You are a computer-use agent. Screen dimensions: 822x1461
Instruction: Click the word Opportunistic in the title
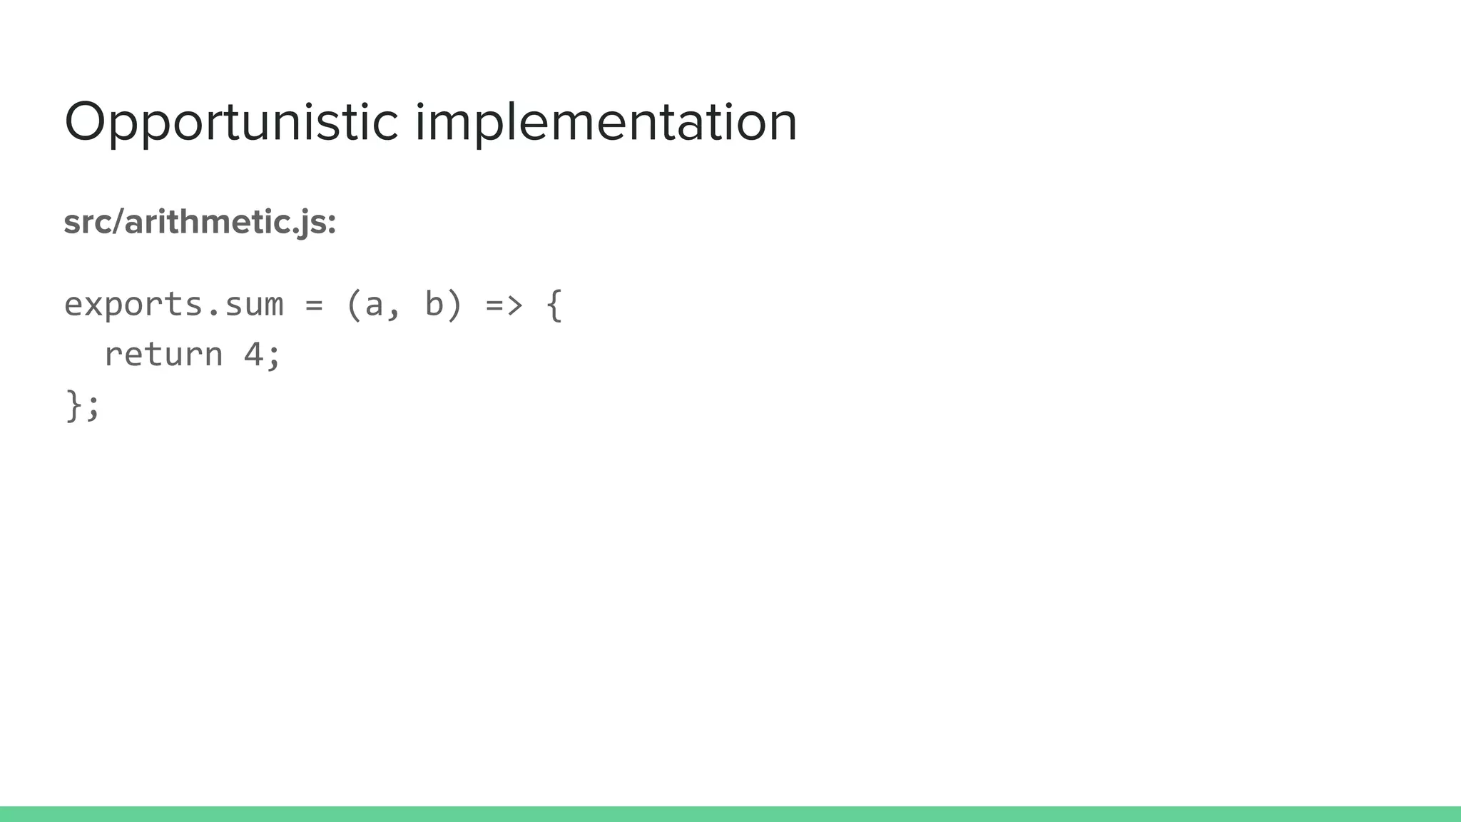click(x=230, y=123)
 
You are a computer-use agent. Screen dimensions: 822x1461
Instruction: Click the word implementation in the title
click(x=606, y=123)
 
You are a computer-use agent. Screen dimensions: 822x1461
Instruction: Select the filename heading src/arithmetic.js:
click(x=200, y=222)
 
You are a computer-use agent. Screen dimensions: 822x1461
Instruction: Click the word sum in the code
click(x=254, y=305)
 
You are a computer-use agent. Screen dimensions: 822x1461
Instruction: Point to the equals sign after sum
click(x=314, y=305)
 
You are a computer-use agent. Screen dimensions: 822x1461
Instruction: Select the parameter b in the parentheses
click(x=434, y=304)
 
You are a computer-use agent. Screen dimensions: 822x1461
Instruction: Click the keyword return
click(x=163, y=355)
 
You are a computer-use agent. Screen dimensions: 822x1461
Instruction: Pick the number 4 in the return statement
click(x=253, y=355)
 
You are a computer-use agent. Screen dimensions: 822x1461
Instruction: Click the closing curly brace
click(x=73, y=405)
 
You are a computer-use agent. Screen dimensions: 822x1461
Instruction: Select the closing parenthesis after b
click(x=454, y=305)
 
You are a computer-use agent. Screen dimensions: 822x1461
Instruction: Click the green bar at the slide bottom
click(x=730, y=814)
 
